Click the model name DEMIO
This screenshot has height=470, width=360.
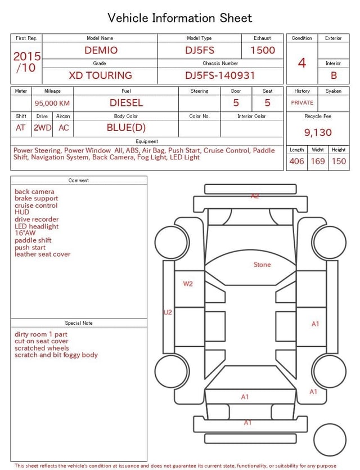coord(101,50)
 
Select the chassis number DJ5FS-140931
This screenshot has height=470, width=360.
coord(220,75)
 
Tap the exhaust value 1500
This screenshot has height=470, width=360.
coord(263,50)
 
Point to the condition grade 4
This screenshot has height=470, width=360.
coord(302,63)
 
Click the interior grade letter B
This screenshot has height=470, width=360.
coord(334,75)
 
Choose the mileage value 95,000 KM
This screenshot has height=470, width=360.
coord(52,104)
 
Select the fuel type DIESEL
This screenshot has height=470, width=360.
coord(126,103)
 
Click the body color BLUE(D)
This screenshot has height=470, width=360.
coord(126,128)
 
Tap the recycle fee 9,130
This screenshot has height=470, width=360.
coord(318,132)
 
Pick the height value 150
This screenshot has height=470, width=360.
coord(339,161)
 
